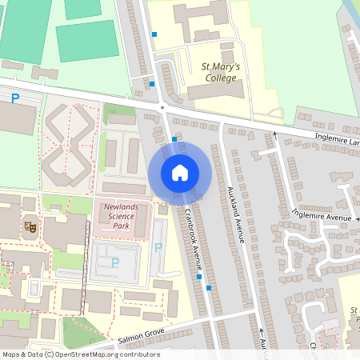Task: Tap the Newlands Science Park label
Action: [122, 217]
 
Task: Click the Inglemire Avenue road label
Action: [322, 214]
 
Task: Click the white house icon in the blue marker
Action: [180, 172]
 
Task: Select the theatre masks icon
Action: [30, 226]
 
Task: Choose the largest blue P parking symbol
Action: [14, 98]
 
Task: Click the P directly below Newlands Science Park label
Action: [114, 262]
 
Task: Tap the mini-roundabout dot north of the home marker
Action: [162, 106]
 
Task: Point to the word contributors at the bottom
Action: [138, 354]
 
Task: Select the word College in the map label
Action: [220, 78]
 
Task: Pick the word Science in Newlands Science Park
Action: [120, 217]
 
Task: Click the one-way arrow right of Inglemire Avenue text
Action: [356, 218]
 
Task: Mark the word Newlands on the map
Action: [122, 207]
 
